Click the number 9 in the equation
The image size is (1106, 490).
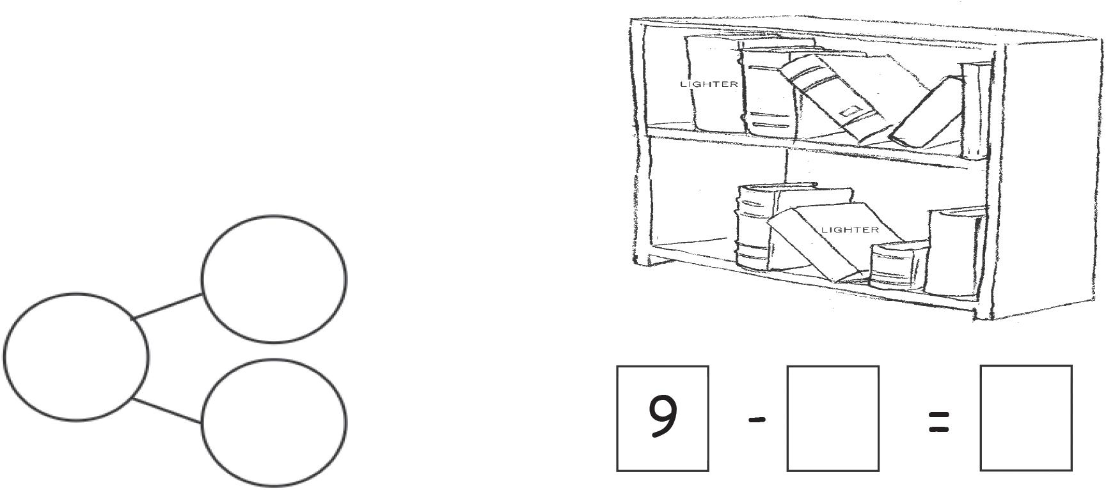click(663, 418)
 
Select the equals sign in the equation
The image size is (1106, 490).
click(938, 422)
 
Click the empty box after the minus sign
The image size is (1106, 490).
click(832, 418)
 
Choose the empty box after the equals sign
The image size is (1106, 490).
click(1025, 418)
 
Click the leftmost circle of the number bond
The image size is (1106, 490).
click(77, 356)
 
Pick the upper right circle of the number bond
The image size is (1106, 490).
click(274, 279)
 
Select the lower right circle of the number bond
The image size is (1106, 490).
click(274, 421)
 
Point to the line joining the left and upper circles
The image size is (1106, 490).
click(168, 306)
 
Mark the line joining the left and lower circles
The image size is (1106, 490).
click(168, 410)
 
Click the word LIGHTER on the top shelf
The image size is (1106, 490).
click(709, 84)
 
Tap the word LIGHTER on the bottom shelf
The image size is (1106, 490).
click(849, 229)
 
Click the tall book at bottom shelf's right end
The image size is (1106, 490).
click(954, 252)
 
